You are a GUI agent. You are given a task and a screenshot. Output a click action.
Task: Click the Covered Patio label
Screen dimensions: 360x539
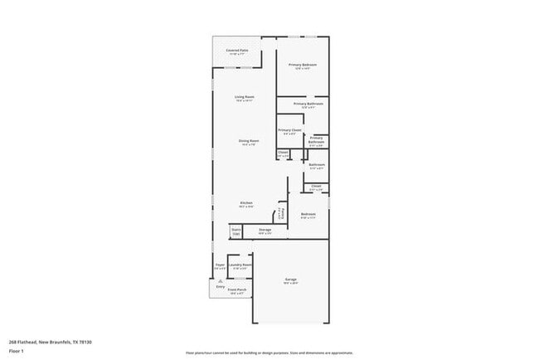pyautogui.click(x=239, y=51)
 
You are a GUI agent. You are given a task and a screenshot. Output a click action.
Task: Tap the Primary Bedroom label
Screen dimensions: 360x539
pyautogui.click(x=303, y=65)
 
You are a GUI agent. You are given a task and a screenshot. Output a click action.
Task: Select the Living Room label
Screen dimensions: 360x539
pyautogui.click(x=244, y=97)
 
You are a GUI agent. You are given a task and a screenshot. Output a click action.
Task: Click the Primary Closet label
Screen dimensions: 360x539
pyautogui.click(x=289, y=130)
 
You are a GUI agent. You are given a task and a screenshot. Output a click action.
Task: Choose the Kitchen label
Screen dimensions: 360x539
pyautogui.click(x=246, y=203)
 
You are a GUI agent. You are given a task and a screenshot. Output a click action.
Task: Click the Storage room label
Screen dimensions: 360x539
pyautogui.click(x=265, y=230)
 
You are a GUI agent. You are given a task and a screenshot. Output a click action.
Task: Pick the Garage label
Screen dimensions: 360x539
pyautogui.click(x=291, y=280)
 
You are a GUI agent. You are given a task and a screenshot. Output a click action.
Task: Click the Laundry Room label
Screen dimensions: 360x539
pyautogui.click(x=240, y=265)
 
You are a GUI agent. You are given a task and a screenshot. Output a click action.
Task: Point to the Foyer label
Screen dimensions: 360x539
pyautogui.click(x=220, y=265)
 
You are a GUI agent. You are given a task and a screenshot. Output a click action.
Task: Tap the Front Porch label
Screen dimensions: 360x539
pyautogui.click(x=237, y=289)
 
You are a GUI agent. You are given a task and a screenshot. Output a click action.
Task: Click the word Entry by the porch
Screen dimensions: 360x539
pyautogui.click(x=221, y=287)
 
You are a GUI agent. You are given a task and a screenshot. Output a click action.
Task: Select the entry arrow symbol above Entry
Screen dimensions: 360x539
pyautogui.click(x=221, y=282)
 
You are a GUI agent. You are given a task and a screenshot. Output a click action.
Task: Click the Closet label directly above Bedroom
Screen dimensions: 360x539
pyautogui.click(x=316, y=187)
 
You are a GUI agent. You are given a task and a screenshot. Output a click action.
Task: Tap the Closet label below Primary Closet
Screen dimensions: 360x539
pyautogui.click(x=283, y=153)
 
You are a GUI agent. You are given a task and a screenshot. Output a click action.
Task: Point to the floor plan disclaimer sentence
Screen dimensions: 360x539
pyautogui.click(x=269, y=352)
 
